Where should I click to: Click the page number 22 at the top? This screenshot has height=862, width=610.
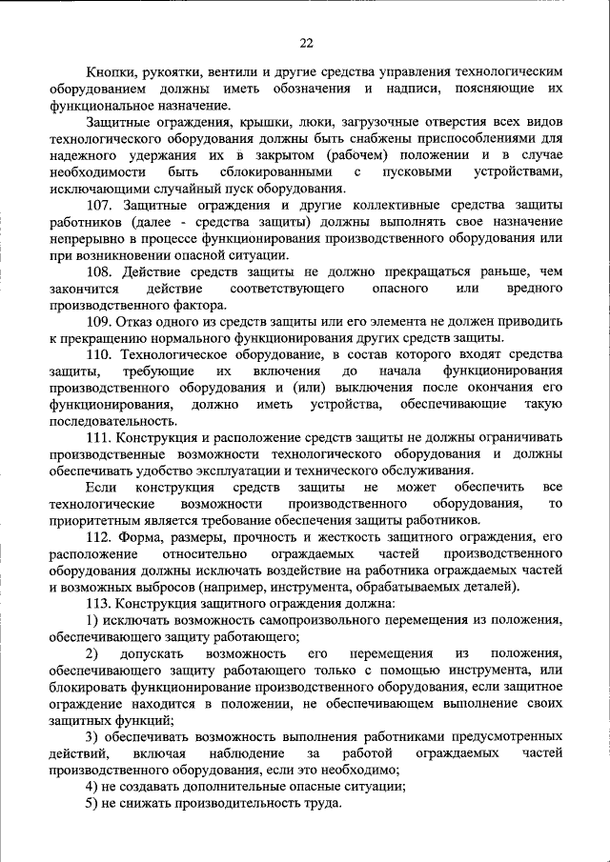[305, 42]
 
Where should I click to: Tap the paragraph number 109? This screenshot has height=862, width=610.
[99, 321]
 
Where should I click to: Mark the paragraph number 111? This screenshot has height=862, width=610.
[99, 436]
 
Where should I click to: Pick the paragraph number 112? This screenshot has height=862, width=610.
[99, 536]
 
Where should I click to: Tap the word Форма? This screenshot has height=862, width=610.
[142, 536]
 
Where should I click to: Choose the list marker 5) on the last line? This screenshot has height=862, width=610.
[91, 803]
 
